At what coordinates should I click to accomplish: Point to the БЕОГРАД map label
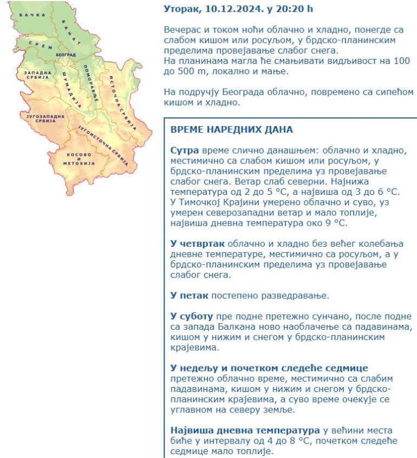(x=64, y=55)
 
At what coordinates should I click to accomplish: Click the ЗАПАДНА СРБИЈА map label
(x=34, y=75)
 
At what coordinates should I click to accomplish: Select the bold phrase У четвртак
(x=196, y=244)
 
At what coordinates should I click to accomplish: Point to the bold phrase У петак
(x=189, y=295)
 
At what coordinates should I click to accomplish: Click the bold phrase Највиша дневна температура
(x=245, y=430)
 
